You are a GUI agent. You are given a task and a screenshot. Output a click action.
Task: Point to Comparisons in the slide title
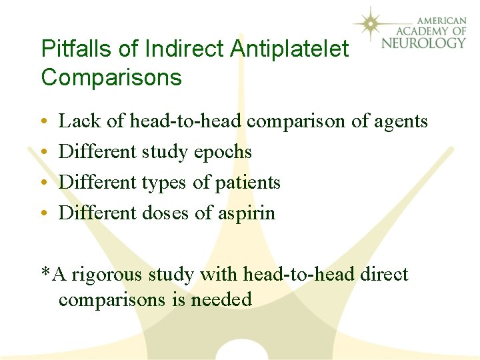click(111, 78)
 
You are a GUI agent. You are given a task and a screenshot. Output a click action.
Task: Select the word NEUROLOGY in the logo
click(424, 43)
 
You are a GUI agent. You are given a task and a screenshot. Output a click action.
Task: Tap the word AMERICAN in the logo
click(437, 19)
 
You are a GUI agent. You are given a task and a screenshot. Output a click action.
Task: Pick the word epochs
click(223, 153)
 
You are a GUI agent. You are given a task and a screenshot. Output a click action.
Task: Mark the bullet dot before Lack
click(44, 123)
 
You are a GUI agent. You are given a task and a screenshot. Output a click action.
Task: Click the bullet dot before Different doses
click(44, 214)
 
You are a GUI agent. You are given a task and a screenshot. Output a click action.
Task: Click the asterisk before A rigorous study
click(45, 272)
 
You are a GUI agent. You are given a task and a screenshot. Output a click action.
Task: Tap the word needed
click(221, 300)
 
